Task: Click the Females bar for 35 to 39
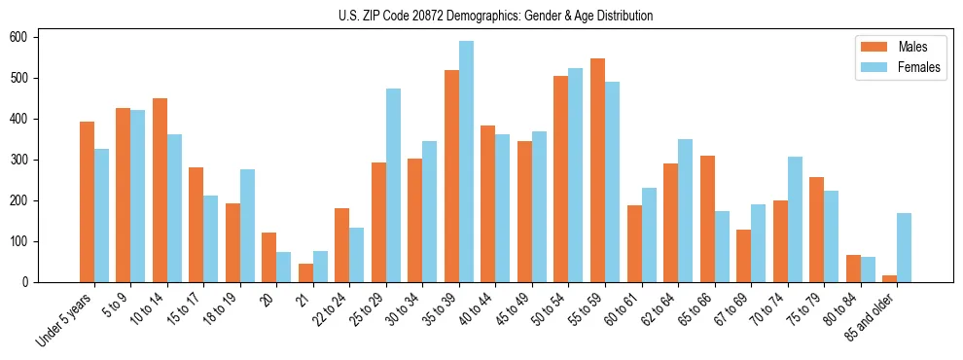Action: click(466, 162)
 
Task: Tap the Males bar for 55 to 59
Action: click(597, 170)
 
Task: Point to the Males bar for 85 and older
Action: click(889, 278)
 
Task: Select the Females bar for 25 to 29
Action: click(393, 186)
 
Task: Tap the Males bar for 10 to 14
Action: click(160, 190)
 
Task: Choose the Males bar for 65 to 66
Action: click(707, 219)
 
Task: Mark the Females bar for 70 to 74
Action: click(795, 219)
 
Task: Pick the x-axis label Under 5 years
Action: click(64, 319)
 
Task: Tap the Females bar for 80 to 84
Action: click(868, 270)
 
